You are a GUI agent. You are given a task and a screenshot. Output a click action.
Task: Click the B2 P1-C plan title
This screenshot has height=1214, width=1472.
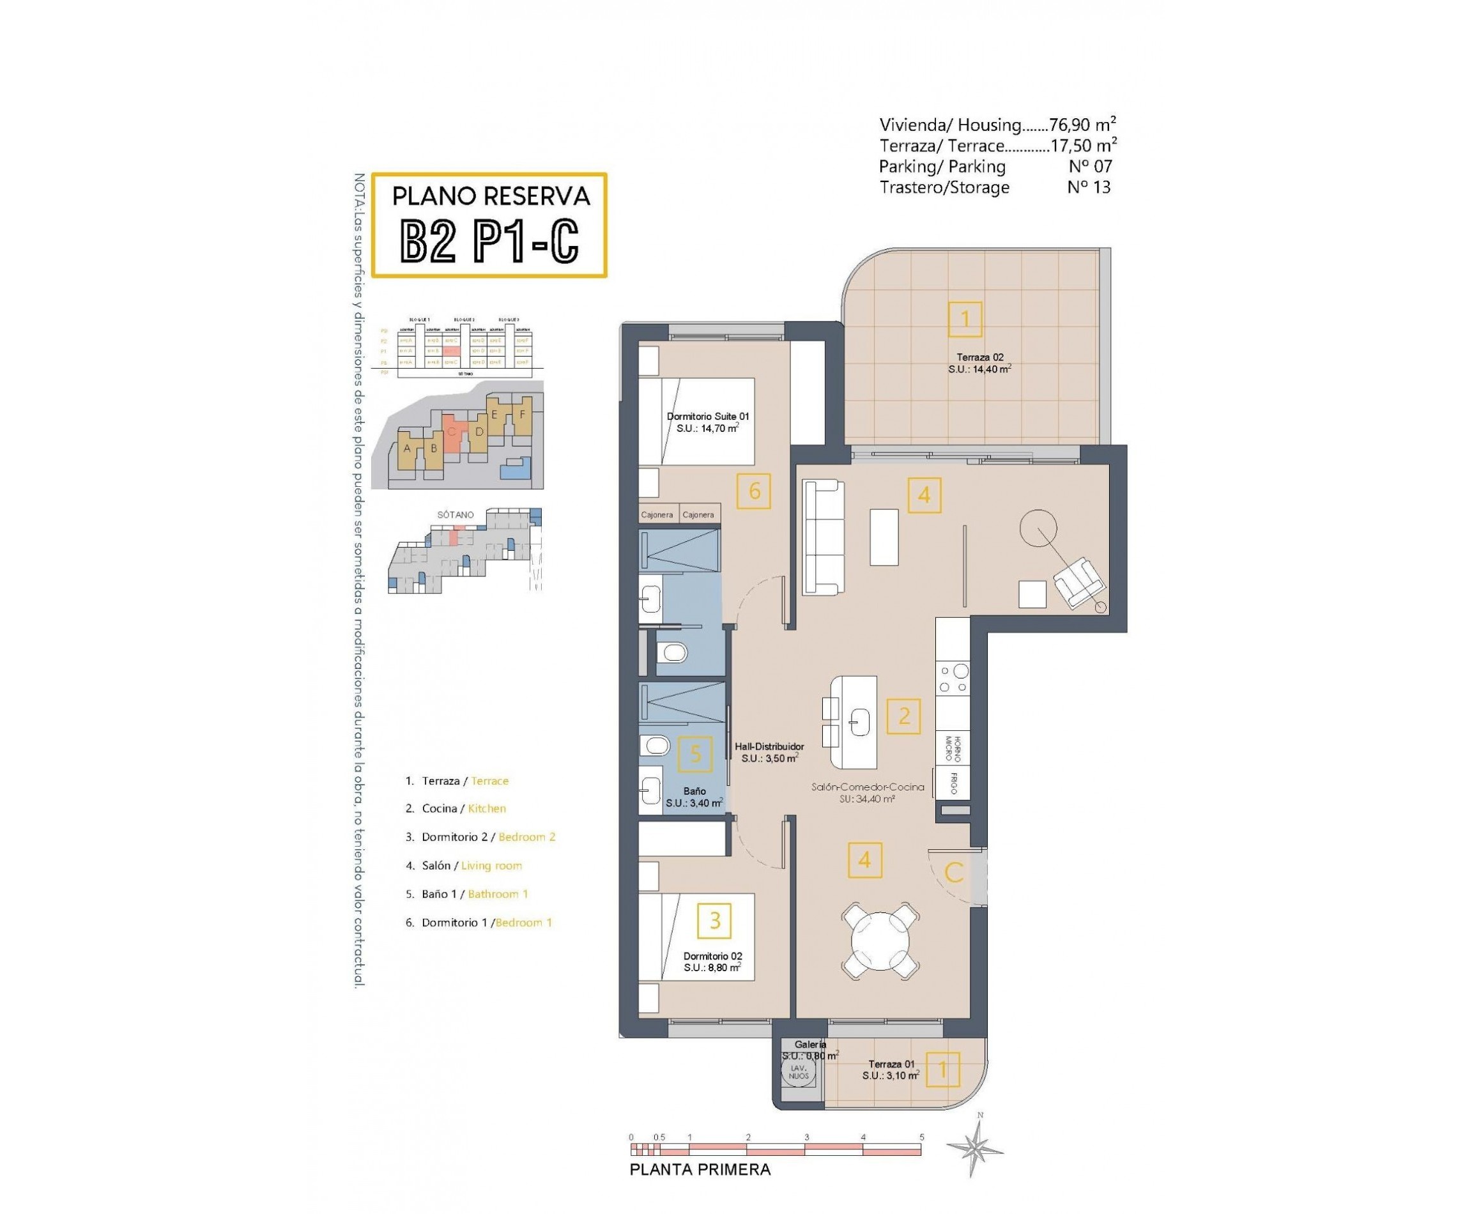pos(489,242)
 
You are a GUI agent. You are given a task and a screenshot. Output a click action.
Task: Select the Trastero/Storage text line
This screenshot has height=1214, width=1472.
pos(944,187)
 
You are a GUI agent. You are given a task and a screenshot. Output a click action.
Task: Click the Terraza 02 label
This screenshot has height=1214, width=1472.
pos(979,357)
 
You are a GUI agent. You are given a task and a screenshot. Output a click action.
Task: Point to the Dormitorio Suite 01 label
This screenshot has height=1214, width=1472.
pos(707,416)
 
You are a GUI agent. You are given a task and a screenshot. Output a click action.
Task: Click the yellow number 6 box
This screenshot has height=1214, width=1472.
pos(754,491)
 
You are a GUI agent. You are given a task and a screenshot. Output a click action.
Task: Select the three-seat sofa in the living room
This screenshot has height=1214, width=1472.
pos(822,536)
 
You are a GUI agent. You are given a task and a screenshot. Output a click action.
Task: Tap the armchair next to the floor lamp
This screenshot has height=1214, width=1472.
pos(1078,583)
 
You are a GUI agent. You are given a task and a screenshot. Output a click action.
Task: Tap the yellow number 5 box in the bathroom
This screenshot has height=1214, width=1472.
pos(695,754)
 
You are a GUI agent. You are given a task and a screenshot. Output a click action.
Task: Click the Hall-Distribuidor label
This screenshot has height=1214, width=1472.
pos(769,747)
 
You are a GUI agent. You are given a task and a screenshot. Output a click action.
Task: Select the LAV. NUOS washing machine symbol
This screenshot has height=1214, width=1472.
pos(798,1072)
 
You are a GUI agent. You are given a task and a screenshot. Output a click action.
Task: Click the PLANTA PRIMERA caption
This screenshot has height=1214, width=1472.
pos(700,1170)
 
